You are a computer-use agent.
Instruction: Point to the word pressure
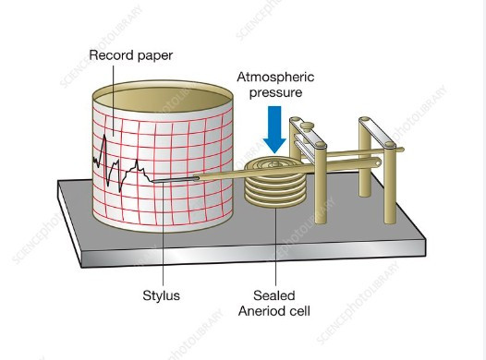[x=274, y=93]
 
